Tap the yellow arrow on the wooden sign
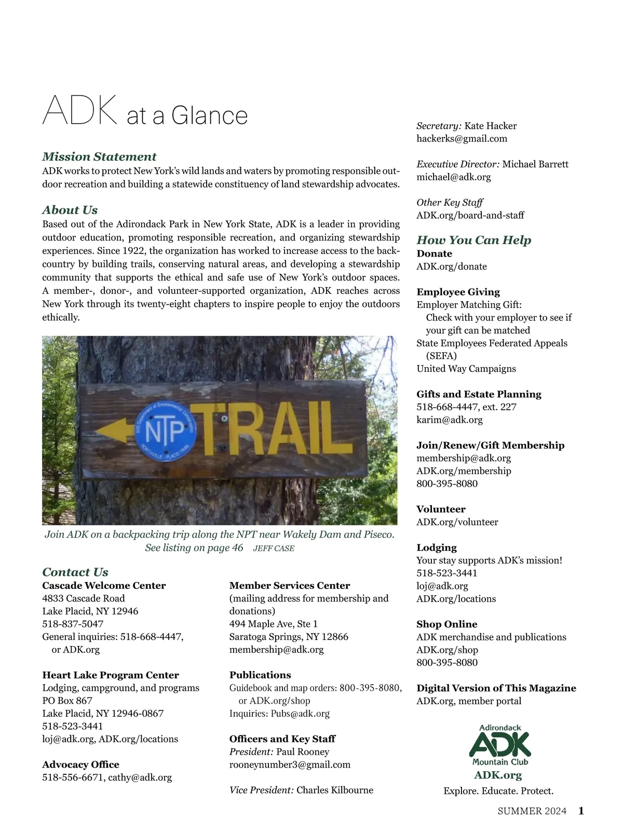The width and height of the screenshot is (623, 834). pyautogui.click(x=115, y=430)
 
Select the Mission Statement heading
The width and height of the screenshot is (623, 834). pyautogui.click(x=99, y=156)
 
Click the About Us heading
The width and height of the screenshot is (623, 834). pyautogui.click(x=70, y=210)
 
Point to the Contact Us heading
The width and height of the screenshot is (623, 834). pyautogui.click(x=75, y=572)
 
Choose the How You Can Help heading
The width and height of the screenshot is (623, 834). pyautogui.click(x=474, y=240)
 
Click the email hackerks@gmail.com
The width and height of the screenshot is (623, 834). pyautogui.click(x=462, y=139)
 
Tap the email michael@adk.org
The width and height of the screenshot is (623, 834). pyautogui.click(x=453, y=177)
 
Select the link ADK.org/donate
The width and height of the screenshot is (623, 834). pyautogui.click(x=452, y=266)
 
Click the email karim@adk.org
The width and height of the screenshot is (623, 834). pyautogui.click(x=449, y=420)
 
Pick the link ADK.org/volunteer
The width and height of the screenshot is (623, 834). pyautogui.click(x=457, y=522)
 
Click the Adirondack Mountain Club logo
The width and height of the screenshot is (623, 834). pyautogui.click(x=500, y=745)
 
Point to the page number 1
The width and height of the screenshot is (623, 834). pyautogui.click(x=581, y=811)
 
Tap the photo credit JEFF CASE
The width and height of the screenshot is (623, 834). pyautogui.click(x=274, y=548)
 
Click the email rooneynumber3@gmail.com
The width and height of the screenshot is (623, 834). pyautogui.click(x=290, y=764)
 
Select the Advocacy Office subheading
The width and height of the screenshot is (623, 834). pyautogui.click(x=80, y=764)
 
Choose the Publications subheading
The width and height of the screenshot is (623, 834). pyautogui.click(x=260, y=675)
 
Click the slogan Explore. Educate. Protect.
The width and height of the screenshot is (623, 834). pyautogui.click(x=498, y=791)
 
